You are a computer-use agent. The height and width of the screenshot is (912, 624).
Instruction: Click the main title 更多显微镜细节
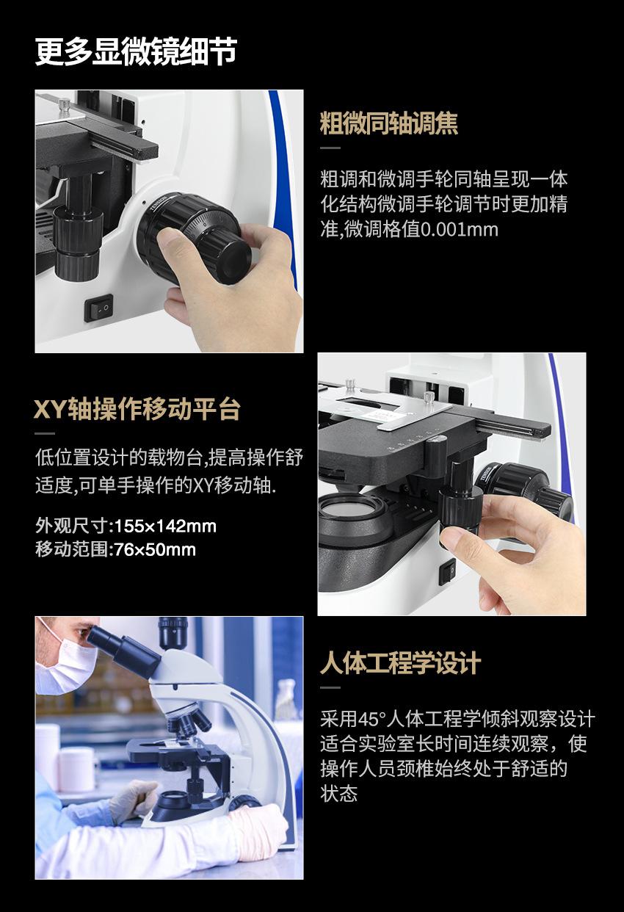[x=136, y=51]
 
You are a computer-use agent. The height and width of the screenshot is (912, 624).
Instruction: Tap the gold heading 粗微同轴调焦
[x=389, y=123]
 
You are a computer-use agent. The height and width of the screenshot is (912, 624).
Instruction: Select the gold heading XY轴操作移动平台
[x=137, y=409]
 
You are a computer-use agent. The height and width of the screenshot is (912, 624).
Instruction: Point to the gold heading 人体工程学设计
[x=400, y=663]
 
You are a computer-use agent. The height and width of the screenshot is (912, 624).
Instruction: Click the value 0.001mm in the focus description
[x=459, y=230]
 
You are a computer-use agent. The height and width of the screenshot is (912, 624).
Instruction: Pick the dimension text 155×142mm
[x=166, y=526]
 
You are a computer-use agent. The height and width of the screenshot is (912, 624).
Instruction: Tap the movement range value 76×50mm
[x=155, y=550]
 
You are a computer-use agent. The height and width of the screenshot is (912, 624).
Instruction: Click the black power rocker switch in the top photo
[x=98, y=308]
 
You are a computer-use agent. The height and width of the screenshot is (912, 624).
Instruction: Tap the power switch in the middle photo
[x=447, y=571]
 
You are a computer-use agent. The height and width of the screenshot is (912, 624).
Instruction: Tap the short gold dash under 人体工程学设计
[x=330, y=687]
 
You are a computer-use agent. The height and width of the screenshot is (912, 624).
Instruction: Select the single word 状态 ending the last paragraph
[x=338, y=794]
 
